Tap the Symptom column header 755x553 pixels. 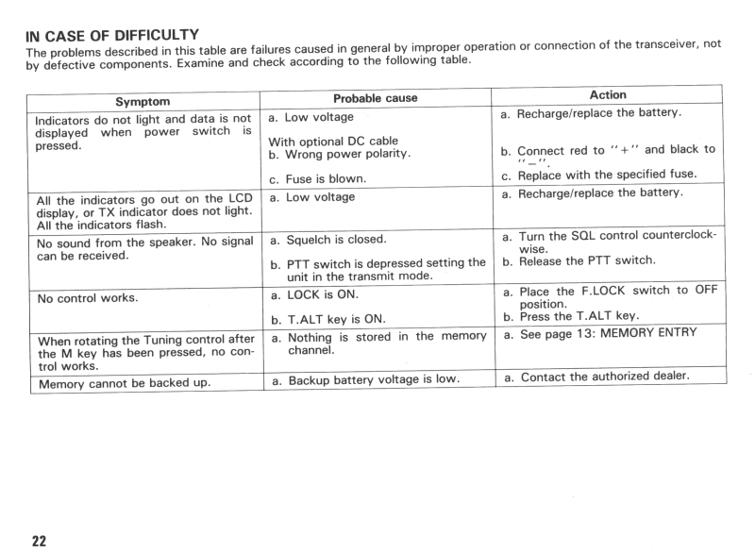[x=143, y=100]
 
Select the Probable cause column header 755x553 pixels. [x=375, y=97]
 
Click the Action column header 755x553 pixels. [x=605, y=94]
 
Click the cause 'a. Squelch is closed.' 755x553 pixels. [x=323, y=240]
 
